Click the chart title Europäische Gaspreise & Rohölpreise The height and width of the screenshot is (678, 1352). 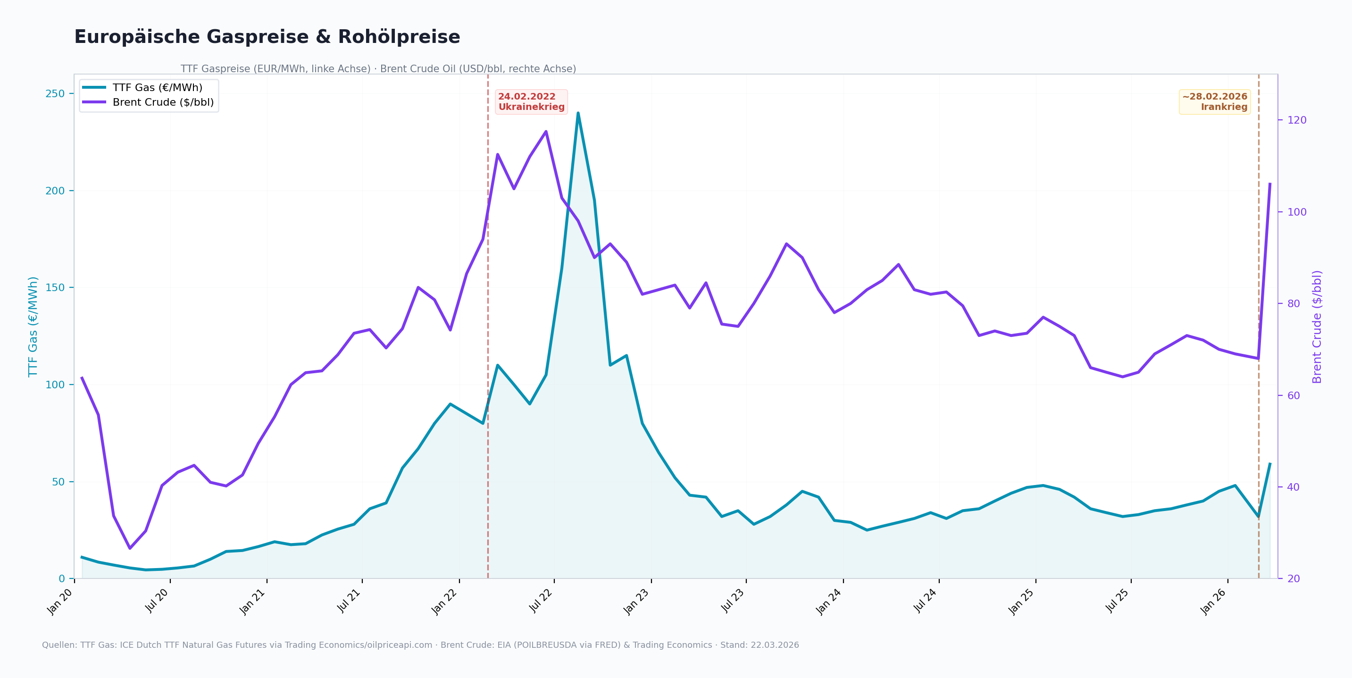267,37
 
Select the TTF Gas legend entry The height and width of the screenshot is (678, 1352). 142,88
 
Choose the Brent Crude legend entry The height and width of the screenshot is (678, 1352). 148,102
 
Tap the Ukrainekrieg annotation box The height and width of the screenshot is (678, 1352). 531,102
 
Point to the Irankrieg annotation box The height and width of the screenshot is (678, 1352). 1215,102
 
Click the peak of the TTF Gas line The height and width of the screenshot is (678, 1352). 578,113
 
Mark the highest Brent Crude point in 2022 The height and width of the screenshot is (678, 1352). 546,131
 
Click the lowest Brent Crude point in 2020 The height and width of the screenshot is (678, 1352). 130,548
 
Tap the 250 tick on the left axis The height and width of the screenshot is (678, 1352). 55,94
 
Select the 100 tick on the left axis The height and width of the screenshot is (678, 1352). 55,385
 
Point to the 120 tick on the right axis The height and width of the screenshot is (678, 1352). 1297,120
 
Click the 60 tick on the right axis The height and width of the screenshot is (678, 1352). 1294,396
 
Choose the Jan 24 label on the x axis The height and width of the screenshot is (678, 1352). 829,602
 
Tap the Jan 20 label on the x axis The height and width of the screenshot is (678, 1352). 60,602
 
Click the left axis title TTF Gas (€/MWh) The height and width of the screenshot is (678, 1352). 33,326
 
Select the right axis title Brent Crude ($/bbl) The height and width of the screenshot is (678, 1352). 1317,326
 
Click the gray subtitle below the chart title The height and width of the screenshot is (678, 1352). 378,69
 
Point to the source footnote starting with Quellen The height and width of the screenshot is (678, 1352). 420,645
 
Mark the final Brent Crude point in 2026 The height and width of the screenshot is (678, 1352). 1270,184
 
